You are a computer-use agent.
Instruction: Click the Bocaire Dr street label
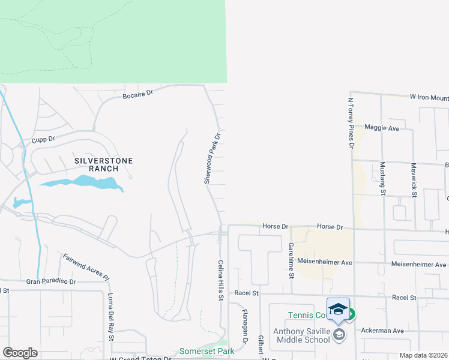click(138, 94)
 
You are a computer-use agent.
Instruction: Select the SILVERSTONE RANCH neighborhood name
click(103, 164)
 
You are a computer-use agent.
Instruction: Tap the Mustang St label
click(382, 178)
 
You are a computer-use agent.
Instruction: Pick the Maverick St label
click(414, 179)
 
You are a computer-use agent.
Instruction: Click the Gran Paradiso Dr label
click(51, 281)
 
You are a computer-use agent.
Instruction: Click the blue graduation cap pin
click(338, 309)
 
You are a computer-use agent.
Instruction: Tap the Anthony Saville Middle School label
click(301, 335)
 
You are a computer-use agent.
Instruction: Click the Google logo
click(20, 353)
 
